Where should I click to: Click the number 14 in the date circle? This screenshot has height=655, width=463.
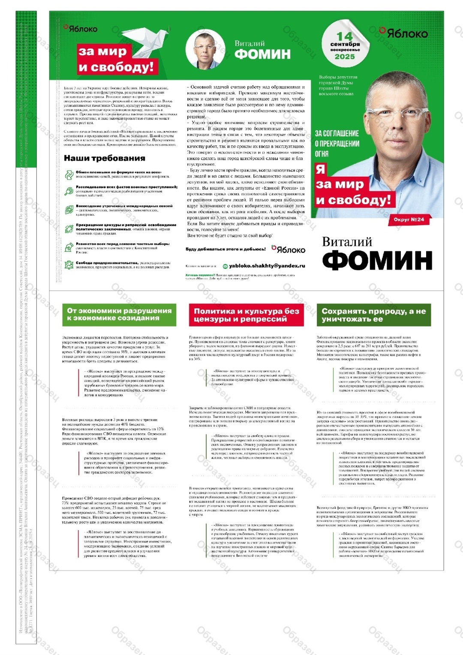pos(344,36)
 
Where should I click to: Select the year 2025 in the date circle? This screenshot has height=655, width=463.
pos(345,57)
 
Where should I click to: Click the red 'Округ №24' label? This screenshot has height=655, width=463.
pos(409,220)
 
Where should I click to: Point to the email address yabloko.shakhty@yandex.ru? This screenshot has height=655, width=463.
pos(267,266)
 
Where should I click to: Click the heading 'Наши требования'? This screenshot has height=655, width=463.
pos(104,158)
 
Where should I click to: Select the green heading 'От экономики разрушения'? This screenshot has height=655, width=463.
pos(119,314)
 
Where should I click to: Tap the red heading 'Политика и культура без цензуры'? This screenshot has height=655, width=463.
pos(246,315)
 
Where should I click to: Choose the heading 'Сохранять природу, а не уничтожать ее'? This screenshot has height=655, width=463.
pos(373,315)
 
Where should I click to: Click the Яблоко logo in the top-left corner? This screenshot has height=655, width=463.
pos(81,29)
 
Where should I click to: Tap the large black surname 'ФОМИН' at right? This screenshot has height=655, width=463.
pos(377,260)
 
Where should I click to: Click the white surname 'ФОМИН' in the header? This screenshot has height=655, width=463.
pos(262,54)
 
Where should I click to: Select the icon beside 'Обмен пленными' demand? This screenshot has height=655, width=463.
pos(69,175)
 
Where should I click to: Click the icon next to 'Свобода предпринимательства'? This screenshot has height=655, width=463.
pos(69,265)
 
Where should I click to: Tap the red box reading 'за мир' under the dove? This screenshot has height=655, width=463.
pos(102,51)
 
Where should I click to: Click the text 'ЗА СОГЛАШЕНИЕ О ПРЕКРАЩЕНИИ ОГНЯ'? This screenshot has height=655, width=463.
pos(337,143)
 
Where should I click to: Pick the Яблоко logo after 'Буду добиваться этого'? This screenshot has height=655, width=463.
pos(289,249)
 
